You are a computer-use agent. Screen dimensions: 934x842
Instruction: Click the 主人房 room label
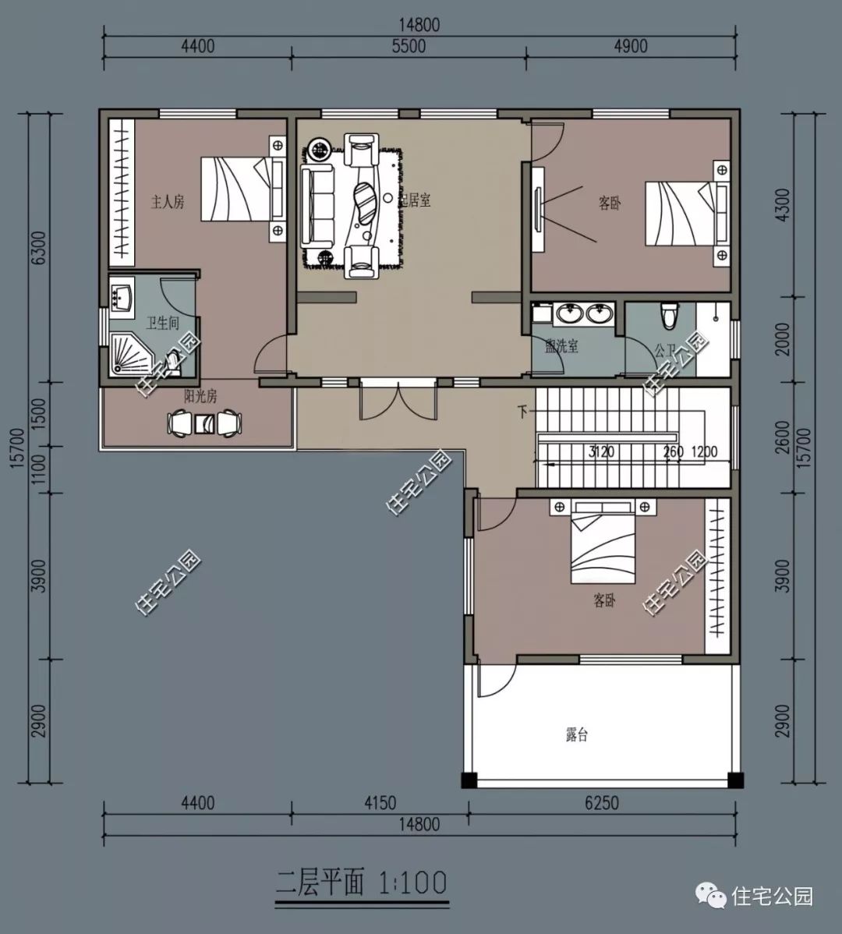168,203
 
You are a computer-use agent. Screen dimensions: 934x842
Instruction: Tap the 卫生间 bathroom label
163,324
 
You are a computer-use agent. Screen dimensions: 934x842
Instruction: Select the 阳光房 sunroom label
200,397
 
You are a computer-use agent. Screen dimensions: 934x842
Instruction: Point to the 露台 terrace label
576,735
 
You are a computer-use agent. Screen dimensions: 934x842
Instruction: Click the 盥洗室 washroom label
561,346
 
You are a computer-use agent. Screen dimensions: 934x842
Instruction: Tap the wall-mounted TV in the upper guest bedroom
538,210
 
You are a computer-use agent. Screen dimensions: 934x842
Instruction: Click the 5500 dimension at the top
409,47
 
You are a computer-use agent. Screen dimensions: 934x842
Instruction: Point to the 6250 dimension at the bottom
600,803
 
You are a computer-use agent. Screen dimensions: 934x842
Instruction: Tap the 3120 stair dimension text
602,451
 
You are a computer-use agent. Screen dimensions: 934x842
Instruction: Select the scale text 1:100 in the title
413,883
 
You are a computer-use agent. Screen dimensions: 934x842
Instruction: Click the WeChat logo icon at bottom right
709,896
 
